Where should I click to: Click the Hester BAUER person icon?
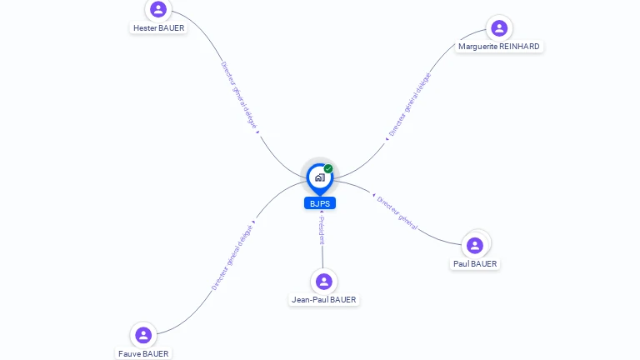[x=158, y=10]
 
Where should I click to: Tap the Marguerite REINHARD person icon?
[x=499, y=28]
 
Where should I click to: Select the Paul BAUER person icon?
[x=475, y=245]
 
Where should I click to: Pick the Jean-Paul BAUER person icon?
[x=324, y=282]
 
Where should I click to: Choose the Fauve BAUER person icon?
[x=143, y=335]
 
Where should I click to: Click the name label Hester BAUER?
[x=158, y=27]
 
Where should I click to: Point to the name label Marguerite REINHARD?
[x=499, y=47]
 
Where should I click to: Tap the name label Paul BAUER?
[x=475, y=264]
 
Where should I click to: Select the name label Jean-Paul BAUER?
[x=324, y=300]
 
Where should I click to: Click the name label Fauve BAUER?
[x=143, y=353]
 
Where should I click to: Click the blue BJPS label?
[x=320, y=203]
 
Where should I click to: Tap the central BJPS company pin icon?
[x=319, y=177]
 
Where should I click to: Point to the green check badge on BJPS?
[x=328, y=169]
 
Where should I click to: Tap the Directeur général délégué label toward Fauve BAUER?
[x=232, y=257]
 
